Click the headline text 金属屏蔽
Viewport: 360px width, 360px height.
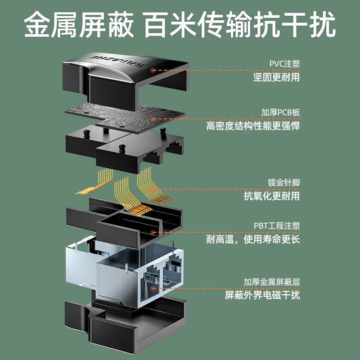79,25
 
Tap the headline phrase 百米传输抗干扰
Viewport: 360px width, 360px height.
239,25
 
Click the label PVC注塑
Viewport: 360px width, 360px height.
285,63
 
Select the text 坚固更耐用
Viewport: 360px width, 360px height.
277,77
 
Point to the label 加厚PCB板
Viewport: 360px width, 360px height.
280,112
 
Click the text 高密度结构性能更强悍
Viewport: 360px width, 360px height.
253,126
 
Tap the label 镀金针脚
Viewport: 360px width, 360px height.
284,183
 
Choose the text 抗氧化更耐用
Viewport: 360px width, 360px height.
272,196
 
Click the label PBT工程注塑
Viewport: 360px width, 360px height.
277,226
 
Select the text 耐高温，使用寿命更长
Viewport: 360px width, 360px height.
253,239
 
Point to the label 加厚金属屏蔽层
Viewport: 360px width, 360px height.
272,282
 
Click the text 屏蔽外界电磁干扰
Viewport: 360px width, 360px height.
262,295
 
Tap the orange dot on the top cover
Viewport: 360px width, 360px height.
153,70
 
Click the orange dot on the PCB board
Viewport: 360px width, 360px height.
153,119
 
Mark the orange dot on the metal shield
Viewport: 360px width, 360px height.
153,288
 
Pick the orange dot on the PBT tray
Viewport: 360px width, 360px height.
153,232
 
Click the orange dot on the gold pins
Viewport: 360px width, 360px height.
153,189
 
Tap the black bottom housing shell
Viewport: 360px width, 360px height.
125,326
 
